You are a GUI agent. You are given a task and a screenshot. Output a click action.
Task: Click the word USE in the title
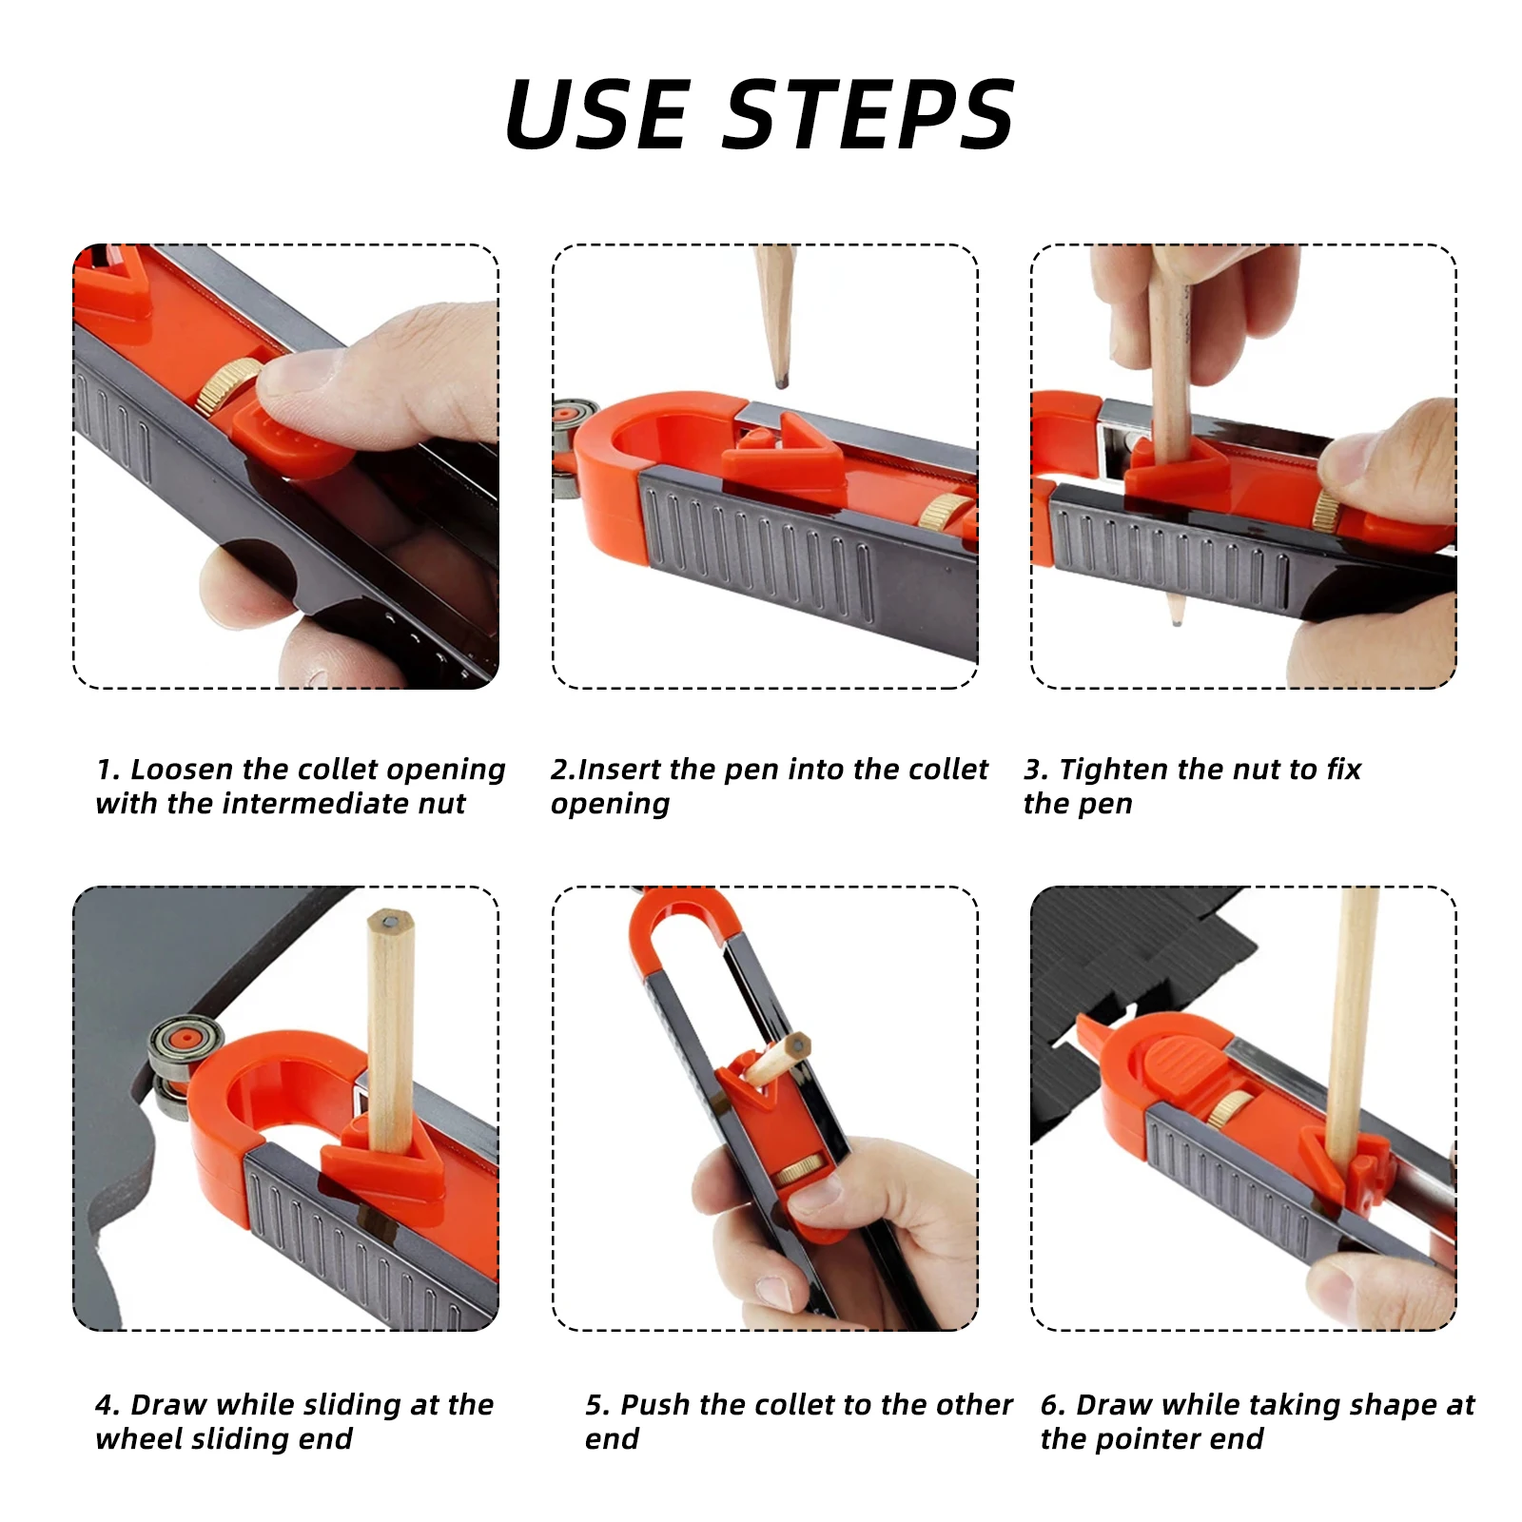pos(597,115)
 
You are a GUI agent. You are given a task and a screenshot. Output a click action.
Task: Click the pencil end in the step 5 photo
pos(797,1044)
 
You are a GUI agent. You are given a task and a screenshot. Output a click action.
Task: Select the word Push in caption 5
pos(655,1404)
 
